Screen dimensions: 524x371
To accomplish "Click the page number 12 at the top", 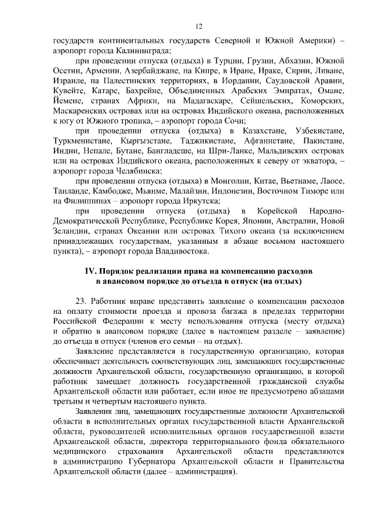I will [199, 26].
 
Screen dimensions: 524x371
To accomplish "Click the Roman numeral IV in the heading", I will [90, 272].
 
